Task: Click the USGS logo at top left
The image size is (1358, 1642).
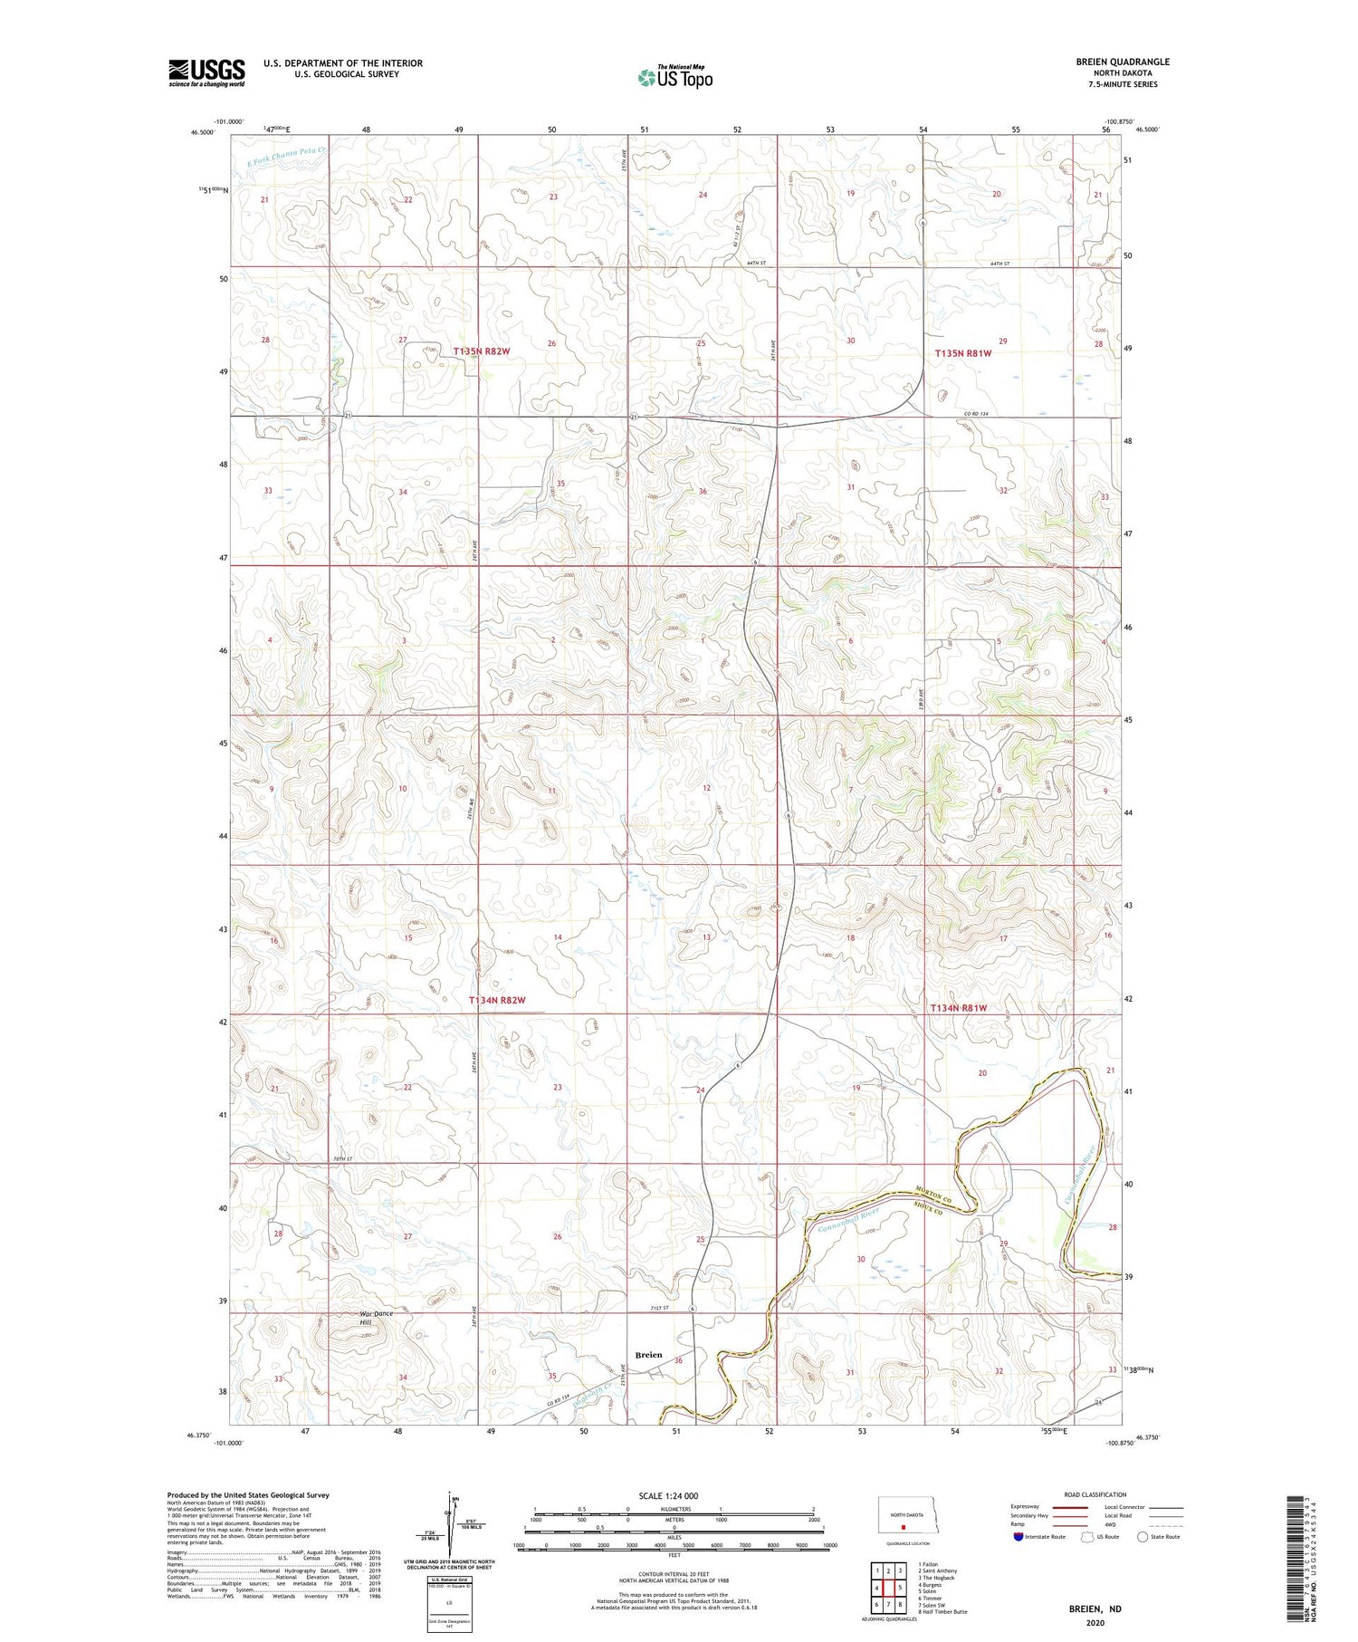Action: point(206,72)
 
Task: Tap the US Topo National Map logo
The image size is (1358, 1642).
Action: point(675,77)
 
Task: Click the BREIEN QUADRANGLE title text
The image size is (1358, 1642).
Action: point(1122,62)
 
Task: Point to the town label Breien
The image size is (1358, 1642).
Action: point(648,1355)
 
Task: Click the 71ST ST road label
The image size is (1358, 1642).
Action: point(658,1308)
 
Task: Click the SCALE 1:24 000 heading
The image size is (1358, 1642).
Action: point(674,1495)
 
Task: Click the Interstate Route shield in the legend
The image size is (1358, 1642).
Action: point(1018,1536)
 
